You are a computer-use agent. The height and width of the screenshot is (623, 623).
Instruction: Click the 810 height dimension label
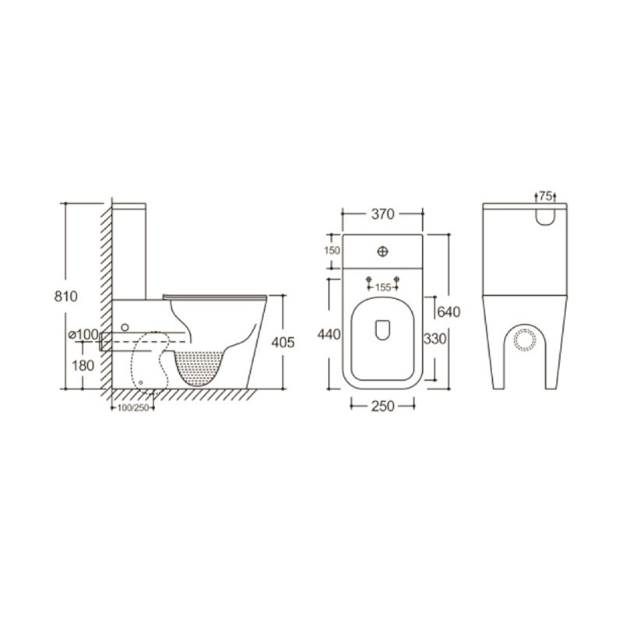coord(66,297)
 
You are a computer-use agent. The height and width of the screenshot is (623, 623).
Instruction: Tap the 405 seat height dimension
coord(283,342)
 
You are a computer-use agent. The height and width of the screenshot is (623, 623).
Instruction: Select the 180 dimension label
coord(83,365)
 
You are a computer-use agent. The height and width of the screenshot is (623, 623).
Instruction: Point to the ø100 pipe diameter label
coord(83,335)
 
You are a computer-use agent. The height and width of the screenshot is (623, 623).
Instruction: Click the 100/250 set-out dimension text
coord(133,407)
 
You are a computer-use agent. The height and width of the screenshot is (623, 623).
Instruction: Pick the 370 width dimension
coord(382,214)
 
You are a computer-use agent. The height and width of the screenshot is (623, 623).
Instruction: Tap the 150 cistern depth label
coord(333,250)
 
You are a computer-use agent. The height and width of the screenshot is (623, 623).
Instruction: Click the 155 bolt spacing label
coord(382,287)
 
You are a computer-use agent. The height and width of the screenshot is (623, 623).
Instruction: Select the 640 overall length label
coord(449,312)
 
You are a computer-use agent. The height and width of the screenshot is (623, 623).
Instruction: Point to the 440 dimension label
coord(329,334)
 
